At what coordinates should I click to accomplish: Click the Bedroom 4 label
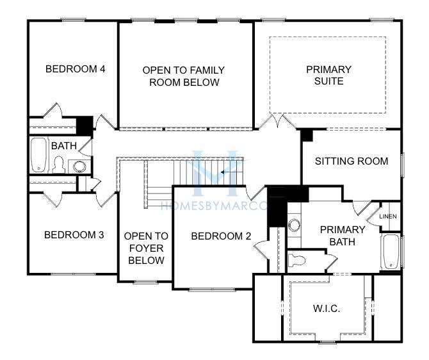click(76, 69)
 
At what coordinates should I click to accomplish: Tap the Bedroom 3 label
click(74, 235)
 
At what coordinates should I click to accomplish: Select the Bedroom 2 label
click(221, 236)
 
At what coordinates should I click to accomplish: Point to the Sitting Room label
click(352, 161)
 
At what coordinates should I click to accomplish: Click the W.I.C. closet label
click(327, 309)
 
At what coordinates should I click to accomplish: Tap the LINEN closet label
click(388, 217)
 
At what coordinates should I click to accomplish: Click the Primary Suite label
click(328, 76)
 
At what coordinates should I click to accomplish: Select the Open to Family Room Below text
click(184, 76)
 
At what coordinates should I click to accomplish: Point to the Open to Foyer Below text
click(146, 248)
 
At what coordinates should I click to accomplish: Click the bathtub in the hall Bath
click(38, 155)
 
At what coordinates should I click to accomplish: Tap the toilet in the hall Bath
click(59, 165)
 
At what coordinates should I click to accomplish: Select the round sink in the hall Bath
click(79, 166)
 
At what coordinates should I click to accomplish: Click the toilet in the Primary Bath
click(297, 260)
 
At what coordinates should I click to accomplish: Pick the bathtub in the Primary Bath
click(391, 252)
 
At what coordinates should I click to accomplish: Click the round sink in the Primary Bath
click(295, 225)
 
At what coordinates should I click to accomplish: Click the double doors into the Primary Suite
click(277, 122)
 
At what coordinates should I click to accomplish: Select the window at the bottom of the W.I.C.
click(328, 341)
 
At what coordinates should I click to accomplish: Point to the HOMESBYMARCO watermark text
click(214, 206)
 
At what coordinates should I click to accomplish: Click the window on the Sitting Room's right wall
click(403, 165)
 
